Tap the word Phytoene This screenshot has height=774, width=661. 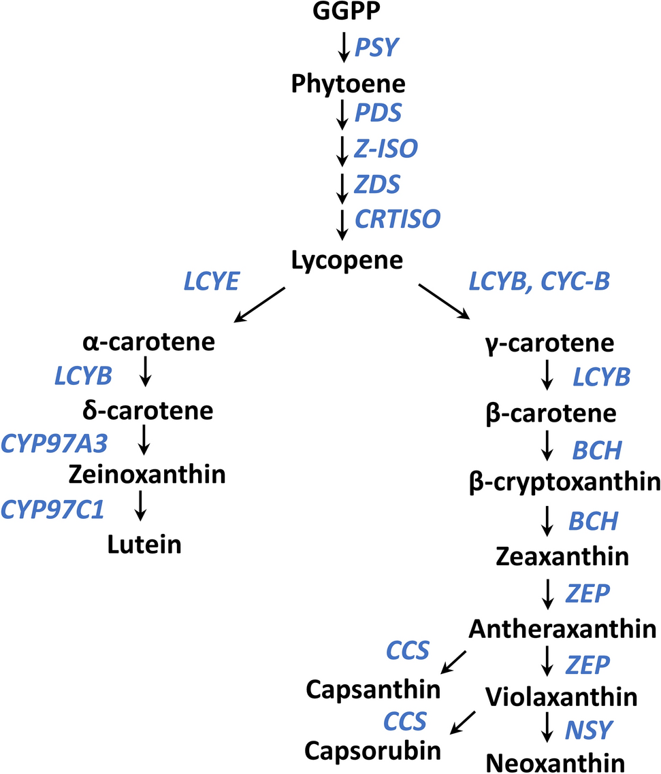click(348, 84)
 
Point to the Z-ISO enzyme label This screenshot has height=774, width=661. click(386, 148)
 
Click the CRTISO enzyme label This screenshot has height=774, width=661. click(398, 219)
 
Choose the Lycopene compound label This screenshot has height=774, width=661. click(346, 260)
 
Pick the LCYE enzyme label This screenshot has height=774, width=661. click(212, 281)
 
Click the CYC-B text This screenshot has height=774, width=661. click(575, 281)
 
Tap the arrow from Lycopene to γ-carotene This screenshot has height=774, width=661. click(444, 302)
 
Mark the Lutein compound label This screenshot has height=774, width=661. click(144, 543)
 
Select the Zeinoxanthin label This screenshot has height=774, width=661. click(147, 473)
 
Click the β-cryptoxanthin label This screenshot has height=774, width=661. click(565, 482)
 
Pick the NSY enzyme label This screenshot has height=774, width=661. click(589, 730)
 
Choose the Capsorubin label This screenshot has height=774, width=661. click(372, 750)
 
